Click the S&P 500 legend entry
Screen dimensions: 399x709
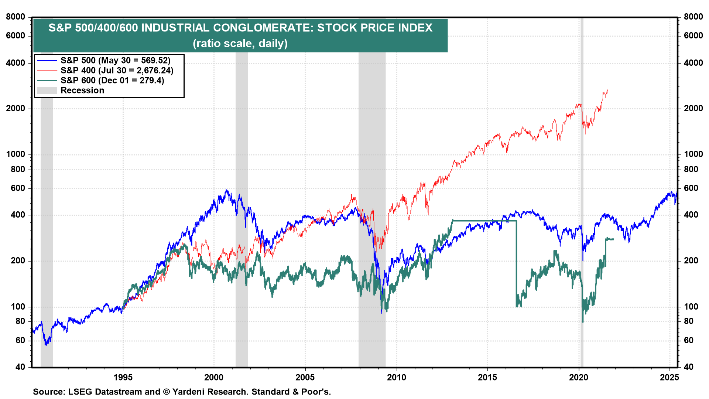115,61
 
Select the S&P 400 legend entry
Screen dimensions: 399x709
117,71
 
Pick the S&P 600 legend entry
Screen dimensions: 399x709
112,81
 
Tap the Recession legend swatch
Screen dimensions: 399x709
47,91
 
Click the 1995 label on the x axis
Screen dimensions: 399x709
123,377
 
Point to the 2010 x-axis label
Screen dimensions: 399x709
397,377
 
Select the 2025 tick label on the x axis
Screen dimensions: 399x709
669,377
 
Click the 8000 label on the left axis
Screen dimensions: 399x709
16,17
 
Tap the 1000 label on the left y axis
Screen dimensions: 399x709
16,154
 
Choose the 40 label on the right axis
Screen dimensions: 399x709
689,367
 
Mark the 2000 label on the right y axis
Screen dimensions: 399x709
693,109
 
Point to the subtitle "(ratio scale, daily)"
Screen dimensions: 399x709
240,44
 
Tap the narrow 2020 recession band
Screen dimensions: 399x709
582,185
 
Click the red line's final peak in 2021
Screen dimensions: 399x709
607,90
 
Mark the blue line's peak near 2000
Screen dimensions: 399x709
227,191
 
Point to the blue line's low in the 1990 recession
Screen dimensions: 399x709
46,344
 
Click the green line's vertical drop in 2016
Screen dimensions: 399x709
516,262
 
